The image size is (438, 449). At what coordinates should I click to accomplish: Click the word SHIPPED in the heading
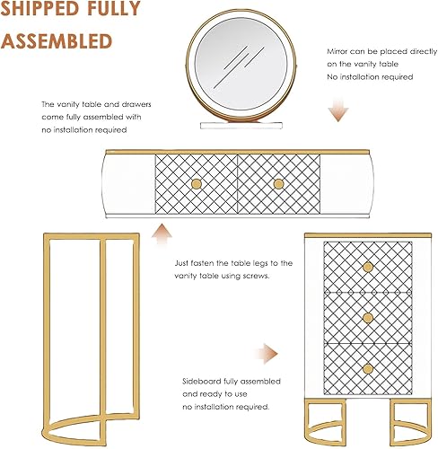pyautogui.click(x=40, y=8)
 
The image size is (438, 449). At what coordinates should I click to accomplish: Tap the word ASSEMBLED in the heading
pyautogui.click(x=57, y=41)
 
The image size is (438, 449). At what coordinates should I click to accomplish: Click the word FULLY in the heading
pyautogui.click(x=114, y=8)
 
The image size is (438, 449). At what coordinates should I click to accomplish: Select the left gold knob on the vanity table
pyautogui.click(x=197, y=184)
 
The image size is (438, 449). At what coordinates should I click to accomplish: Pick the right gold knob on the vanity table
pyautogui.click(x=278, y=184)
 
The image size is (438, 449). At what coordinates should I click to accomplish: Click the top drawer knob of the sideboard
pyautogui.click(x=368, y=267)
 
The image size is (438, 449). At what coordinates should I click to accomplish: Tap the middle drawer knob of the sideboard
pyautogui.click(x=368, y=318)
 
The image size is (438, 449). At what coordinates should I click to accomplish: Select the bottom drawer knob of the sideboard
pyautogui.click(x=368, y=369)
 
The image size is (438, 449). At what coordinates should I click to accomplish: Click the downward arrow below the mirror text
pyautogui.click(x=338, y=110)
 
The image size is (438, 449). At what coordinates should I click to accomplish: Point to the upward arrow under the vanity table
pyautogui.click(x=162, y=234)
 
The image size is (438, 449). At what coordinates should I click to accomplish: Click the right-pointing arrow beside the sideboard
pyautogui.click(x=267, y=354)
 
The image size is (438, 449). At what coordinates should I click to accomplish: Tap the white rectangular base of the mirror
pyautogui.click(x=241, y=125)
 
